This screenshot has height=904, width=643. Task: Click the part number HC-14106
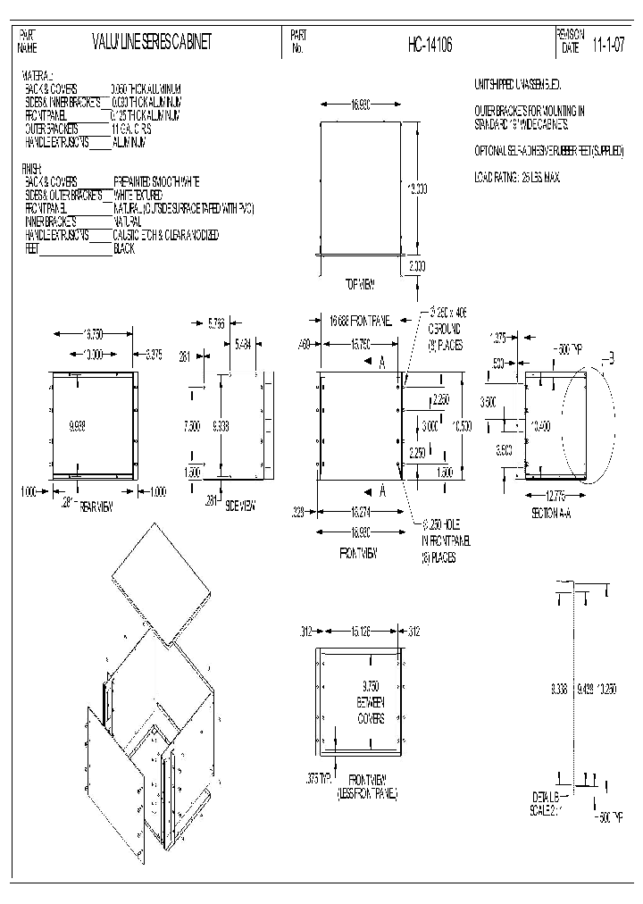430,45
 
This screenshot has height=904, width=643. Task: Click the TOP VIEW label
359,284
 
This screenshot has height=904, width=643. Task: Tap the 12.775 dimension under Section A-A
554,495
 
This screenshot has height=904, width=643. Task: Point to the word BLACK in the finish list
124,249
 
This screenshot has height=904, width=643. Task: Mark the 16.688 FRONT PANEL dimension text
360,320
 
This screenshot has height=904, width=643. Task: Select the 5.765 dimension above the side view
216,323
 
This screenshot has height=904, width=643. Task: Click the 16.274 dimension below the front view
358,512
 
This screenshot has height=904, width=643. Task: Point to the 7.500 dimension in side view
191,427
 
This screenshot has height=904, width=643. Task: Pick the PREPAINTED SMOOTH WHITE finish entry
156,180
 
